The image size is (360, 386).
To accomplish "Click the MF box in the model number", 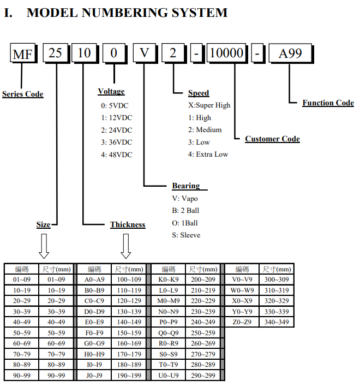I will pos(23,54).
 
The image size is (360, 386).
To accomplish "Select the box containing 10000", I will pos(226,54).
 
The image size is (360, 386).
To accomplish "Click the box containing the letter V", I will pos(144,54).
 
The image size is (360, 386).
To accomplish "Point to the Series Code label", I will pos(23,94).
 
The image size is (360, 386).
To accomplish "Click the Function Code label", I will pos(328,103).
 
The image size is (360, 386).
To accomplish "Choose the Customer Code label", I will pos(272,139).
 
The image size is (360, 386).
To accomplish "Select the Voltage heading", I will pos(111,91).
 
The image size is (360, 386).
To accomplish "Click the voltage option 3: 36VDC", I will pos(116,142).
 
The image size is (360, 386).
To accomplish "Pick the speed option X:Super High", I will pos(209,105).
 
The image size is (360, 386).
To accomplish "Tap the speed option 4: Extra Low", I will pos(208,155).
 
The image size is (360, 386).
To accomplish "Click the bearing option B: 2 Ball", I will pos(185,211).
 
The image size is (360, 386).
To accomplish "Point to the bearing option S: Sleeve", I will pos(186,235).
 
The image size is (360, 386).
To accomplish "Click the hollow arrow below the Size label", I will pos(44,246).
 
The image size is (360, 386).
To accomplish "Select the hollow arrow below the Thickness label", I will pos(126,246).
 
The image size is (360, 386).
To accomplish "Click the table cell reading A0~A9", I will pos(94,280).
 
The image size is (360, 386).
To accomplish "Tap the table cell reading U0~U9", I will pos(167,376).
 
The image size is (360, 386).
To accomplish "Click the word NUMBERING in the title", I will pos(126,12).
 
